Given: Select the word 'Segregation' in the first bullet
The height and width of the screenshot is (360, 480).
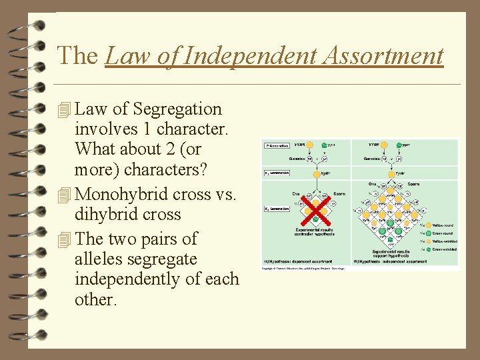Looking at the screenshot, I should pyautogui.click(x=177, y=109).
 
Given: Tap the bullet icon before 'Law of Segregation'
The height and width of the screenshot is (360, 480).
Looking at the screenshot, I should pyautogui.click(x=64, y=109).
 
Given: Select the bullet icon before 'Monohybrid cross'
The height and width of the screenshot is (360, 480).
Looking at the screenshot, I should pyautogui.click(x=64, y=195).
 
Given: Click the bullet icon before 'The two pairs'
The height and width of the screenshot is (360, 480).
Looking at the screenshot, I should pyautogui.click(x=64, y=239).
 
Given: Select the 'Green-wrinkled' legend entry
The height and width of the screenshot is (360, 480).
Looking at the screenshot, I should pyautogui.click(x=443, y=249).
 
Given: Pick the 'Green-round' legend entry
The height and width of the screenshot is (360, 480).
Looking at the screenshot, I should pyautogui.click(x=441, y=233).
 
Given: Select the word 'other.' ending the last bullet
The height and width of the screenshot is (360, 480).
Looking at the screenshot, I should pyautogui.click(x=96, y=300).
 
